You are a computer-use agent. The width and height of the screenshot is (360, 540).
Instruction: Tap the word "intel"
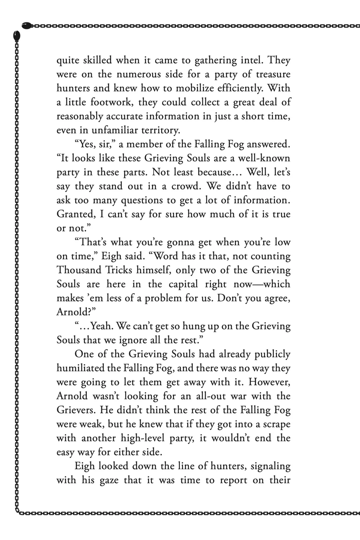[x=250, y=61]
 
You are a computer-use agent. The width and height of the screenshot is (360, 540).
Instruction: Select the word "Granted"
[x=75, y=215]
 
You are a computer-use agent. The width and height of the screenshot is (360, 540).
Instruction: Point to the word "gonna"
[x=176, y=243]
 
